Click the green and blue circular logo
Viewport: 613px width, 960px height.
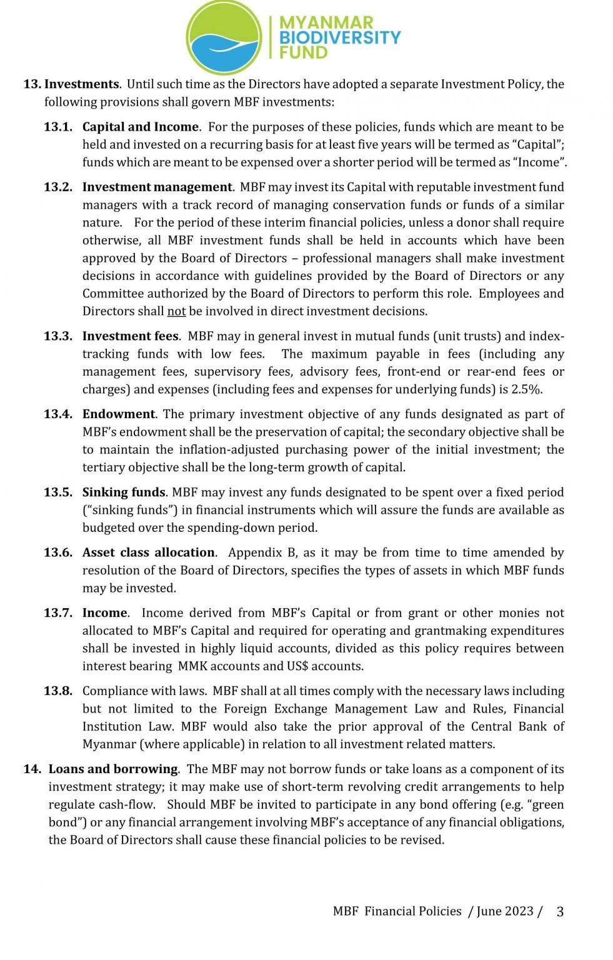pyautogui.click(x=224, y=36)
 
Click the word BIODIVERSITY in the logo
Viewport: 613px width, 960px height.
pyautogui.click(x=339, y=37)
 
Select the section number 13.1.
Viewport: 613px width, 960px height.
pyautogui.click(x=58, y=127)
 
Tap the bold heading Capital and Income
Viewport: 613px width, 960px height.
pyautogui.click(x=141, y=127)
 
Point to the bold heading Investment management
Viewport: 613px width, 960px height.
pyautogui.click(x=157, y=187)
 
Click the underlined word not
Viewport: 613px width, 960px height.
pyautogui.click(x=177, y=311)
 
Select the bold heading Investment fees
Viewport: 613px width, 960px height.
pyautogui.click(x=131, y=336)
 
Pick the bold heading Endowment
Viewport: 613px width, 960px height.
pyautogui.click(x=119, y=414)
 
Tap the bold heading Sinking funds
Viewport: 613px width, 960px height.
pyautogui.click(x=124, y=492)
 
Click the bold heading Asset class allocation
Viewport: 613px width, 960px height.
pyautogui.click(x=149, y=552)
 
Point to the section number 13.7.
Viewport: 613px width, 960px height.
pyautogui.click(x=58, y=613)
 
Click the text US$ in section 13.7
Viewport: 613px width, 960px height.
pyautogui.click(x=297, y=666)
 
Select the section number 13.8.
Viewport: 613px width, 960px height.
pyautogui.click(x=58, y=691)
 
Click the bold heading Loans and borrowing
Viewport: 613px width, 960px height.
pyautogui.click(x=114, y=769)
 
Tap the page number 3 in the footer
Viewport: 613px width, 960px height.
pyautogui.click(x=560, y=912)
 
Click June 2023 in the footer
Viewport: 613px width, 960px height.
pyautogui.click(x=505, y=911)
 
